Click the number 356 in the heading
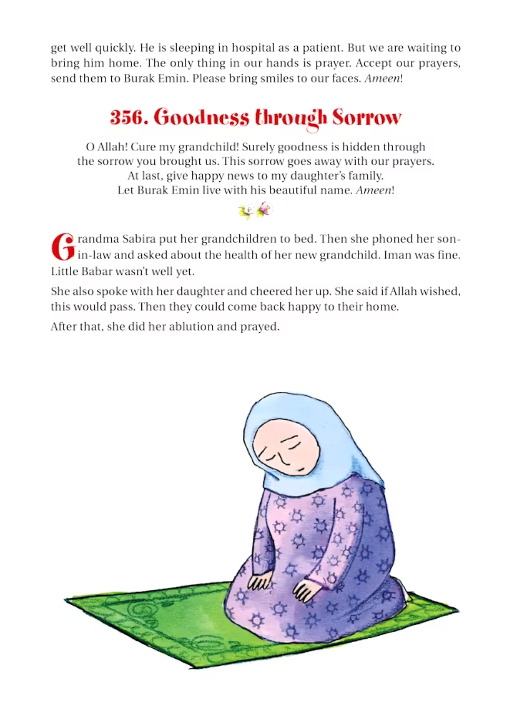pos(128,117)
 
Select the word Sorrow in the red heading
pos(367,117)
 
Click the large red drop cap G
pos(63,246)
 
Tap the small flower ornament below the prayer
pos(256,212)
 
